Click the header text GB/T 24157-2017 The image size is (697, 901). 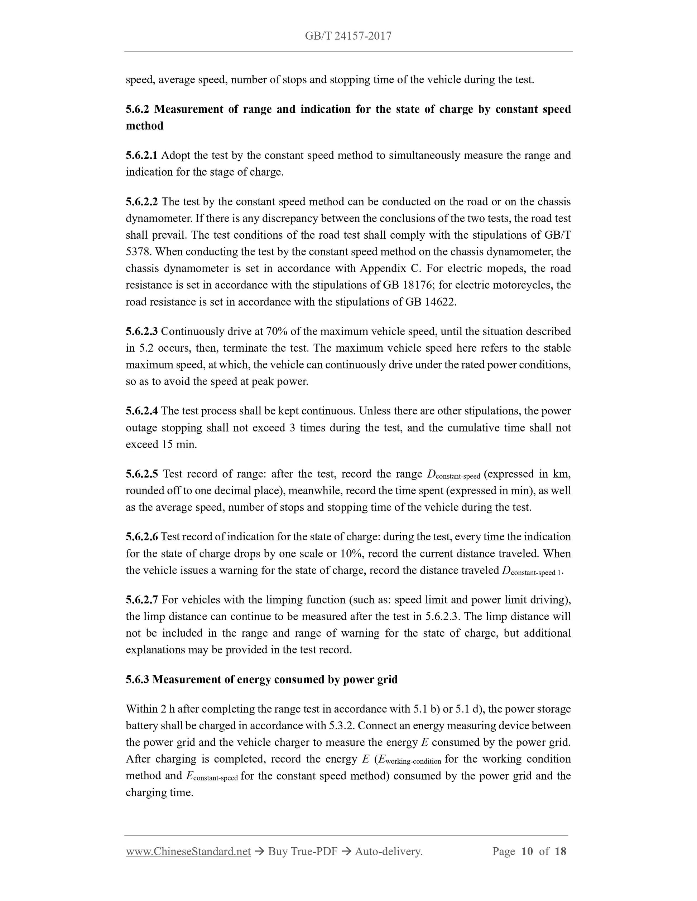click(x=348, y=36)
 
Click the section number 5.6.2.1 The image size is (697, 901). click(x=141, y=156)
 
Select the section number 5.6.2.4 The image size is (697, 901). click(x=141, y=411)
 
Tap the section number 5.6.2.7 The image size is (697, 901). click(x=141, y=600)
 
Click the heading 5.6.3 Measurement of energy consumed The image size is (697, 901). click(x=261, y=680)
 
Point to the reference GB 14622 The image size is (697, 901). click(x=431, y=302)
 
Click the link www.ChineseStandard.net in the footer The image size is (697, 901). click(x=188, y=852)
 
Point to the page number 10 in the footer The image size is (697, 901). click(x=527, y=852)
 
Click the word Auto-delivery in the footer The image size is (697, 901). click(x=388, y=852)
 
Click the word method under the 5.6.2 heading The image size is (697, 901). click(x=144, y=126)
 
